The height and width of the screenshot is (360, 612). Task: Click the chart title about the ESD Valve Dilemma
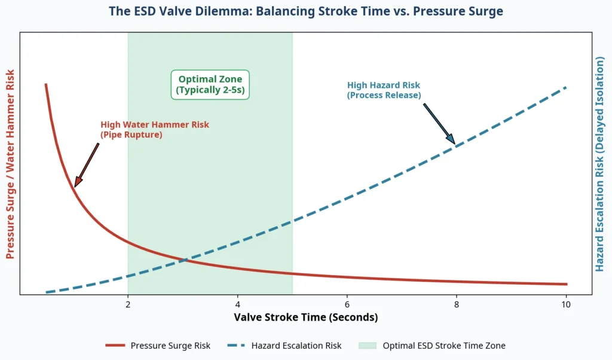click(x=306, y=11)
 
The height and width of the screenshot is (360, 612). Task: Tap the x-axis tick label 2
click(x=128, y=304)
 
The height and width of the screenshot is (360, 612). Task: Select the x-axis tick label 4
click(x=238, y=304)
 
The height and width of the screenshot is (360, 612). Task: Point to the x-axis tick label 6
click(x=347, y=304)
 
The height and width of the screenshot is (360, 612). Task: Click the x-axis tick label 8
click(x=457, y=304)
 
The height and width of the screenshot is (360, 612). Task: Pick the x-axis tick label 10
click(x=566, y=304)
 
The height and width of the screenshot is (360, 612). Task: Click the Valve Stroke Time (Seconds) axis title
click(x=306, y=317)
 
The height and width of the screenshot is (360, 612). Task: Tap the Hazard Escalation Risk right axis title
click(x=601, y=164)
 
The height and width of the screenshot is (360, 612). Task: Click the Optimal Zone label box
click(x=210, y=85)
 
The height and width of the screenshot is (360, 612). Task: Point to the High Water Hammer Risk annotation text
click(x=154, y=130)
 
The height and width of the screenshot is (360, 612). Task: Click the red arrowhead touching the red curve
click(x=76, y=183)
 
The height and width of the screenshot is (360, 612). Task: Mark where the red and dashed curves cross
click(x=184, y=260)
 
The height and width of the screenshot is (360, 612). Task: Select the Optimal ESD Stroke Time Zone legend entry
click(x=443, y=346)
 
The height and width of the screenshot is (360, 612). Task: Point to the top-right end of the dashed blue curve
click(x=565, y=87)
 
